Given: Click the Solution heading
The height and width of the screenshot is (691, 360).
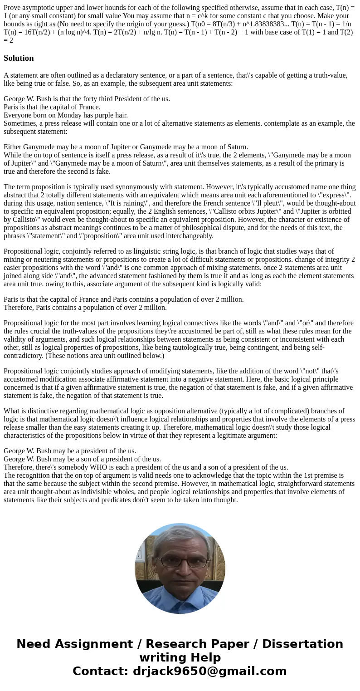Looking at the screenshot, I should tap(19, 58).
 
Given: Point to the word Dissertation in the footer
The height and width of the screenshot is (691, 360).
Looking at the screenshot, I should tap(302, 644).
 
